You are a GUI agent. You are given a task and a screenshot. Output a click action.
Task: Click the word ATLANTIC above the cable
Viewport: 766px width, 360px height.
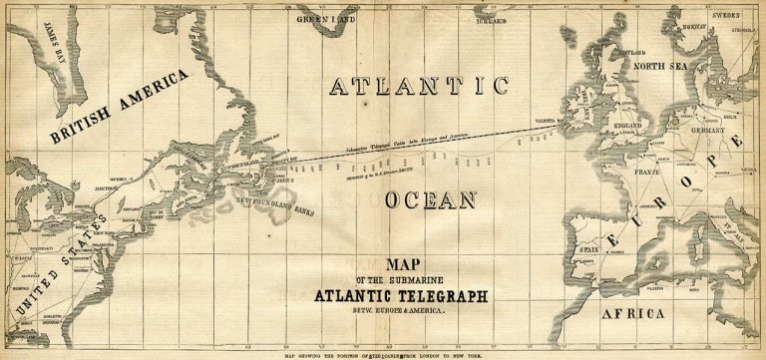coord(419,87)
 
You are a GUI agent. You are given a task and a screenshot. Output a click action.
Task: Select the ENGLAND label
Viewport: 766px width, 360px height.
coord(626,126)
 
